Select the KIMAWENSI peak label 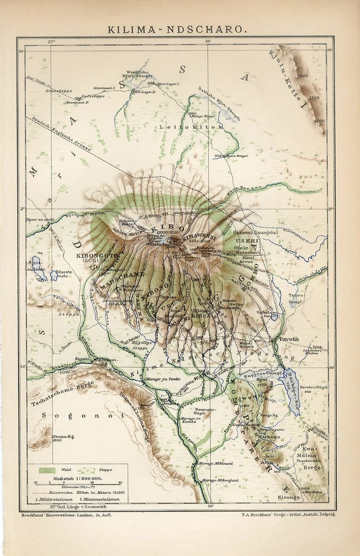[198, 236]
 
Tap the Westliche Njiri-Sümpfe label [139, 75]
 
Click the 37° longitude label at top [51, 42]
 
